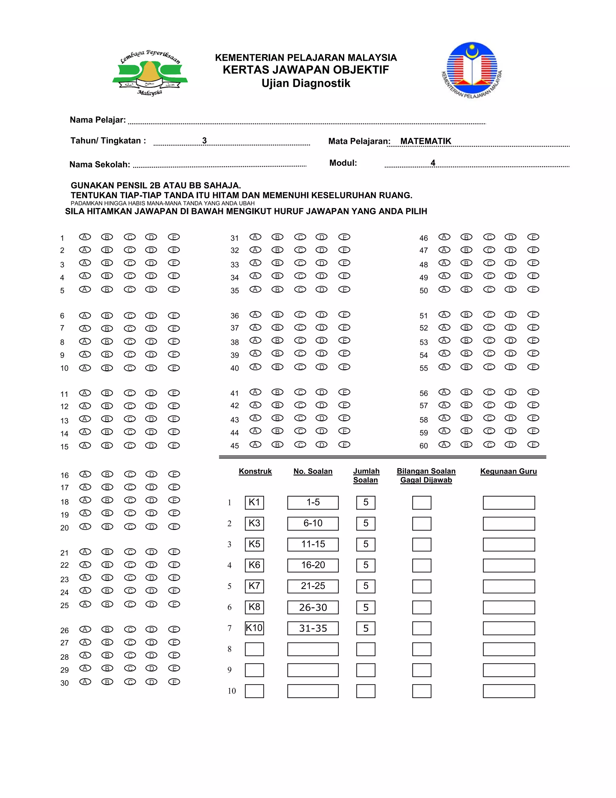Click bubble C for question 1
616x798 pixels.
pos(130,237)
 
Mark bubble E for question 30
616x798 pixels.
pos(174,682)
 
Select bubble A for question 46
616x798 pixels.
pos(444,237)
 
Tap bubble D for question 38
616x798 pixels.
pos(322,341)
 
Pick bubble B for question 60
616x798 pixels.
pos(467,445)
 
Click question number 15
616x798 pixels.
pos(64,447)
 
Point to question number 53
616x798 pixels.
pos(423,342)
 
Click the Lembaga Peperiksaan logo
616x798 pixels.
pos(150,73)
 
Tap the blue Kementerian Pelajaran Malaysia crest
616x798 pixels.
pos(472,70)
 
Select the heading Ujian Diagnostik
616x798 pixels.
pos(306,83)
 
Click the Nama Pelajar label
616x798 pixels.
pos(98,120)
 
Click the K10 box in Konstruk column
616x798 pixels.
pos(254,628)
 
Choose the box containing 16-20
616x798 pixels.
pos(313,565)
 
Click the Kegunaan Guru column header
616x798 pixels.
pos(508,471)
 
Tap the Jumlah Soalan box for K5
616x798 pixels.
pos(366,544)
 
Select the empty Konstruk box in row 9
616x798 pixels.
pos(254,670)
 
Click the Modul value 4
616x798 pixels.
pos(433,163)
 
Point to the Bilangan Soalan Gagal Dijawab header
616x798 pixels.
pos(426,475)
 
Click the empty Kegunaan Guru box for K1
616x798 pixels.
pos(509,503)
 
